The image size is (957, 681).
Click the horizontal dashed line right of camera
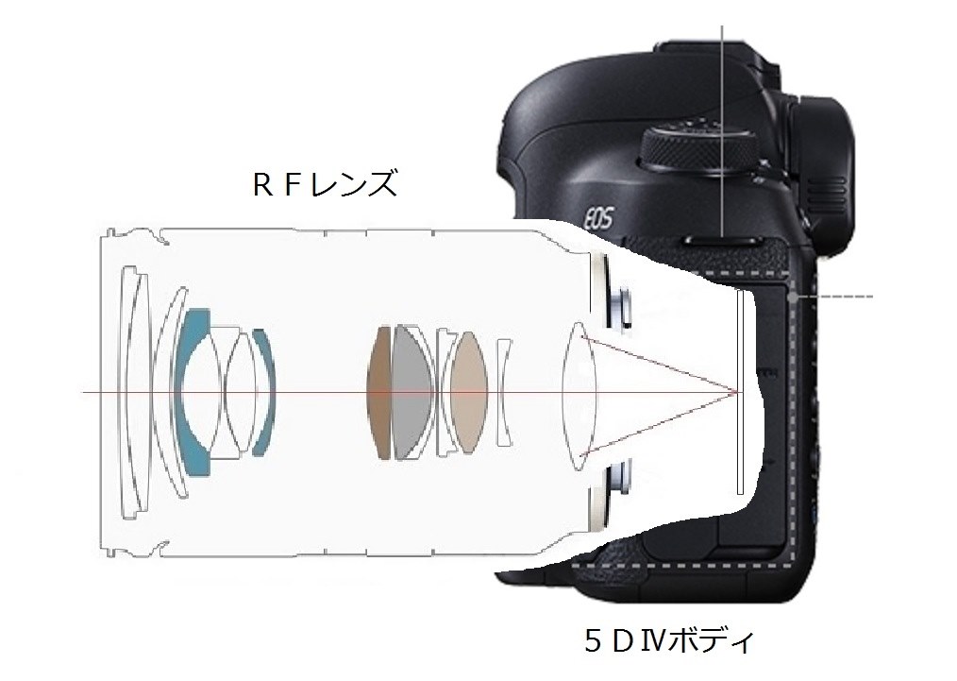coord(845,296)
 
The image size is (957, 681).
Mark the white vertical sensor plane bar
coord(738,392)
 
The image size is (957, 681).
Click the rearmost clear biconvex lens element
coord(577,392)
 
